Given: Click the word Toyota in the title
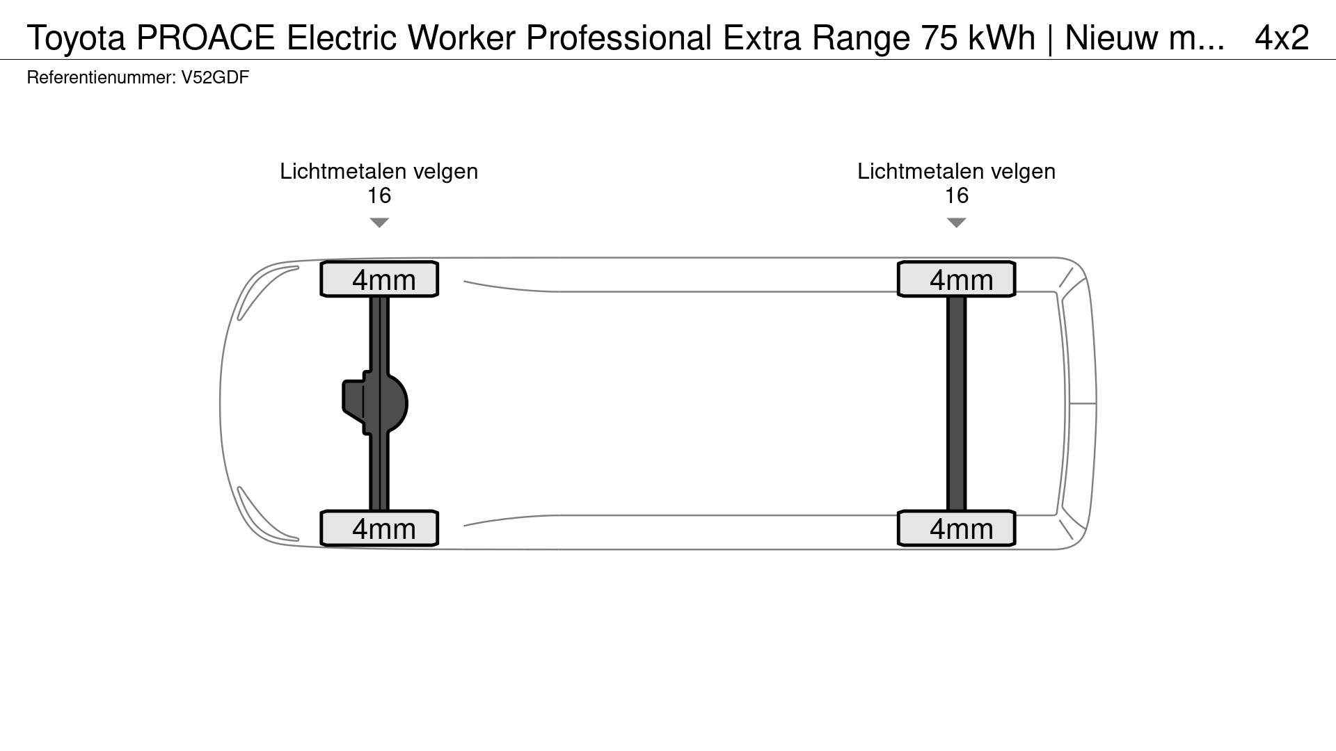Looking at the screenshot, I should click(x=76, y=38).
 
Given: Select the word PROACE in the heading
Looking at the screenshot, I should click(x=206, y=38).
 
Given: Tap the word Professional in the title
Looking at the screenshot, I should click(x=619, y=38).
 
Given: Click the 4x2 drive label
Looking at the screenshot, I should click(x=1281, y=38).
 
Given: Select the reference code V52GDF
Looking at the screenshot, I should click(x=215, y=77).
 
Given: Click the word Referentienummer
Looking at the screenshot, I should click(x=100, y=77).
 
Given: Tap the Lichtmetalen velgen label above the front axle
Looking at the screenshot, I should click(x=379, y=172).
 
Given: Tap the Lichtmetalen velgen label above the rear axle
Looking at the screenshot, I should click(x=956, y=172).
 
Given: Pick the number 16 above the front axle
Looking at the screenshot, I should click(x=379, y=196).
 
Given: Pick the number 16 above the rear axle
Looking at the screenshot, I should click(x=956, y=196).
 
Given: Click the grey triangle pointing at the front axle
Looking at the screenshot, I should click(x=379, y=223).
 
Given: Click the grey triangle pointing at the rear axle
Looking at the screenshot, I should click(x=956, y=223).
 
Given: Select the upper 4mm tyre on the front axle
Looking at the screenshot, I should click(x=379, y=280).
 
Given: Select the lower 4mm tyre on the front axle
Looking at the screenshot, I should click(x=379, y=528).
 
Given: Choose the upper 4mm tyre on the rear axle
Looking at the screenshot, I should click(x=957, y=280).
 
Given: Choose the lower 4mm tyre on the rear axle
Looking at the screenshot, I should click(x=957, y=528).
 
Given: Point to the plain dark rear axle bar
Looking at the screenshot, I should click(x=957, y=403).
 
